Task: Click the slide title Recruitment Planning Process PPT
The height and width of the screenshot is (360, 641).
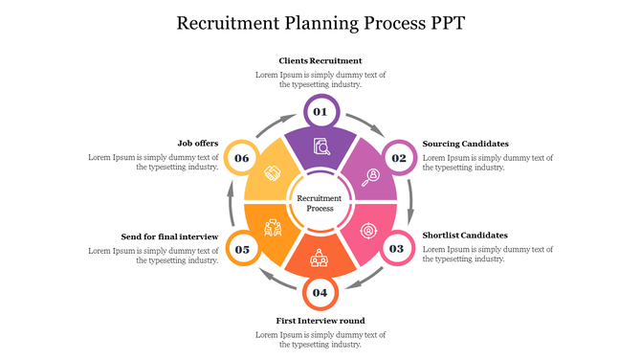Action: [x=320, y=23]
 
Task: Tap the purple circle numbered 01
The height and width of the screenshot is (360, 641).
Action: [x=320, y=112]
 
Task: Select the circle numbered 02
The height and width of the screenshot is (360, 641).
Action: [x=398, y=158]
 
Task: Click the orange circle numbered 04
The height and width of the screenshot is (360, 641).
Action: [x=320, y=292]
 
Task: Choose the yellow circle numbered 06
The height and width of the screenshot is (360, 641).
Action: [x=242, y=158]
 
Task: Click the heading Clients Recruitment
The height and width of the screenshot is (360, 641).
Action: [x=320, y=60]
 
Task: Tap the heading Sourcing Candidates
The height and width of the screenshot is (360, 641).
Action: [x=465, y=144]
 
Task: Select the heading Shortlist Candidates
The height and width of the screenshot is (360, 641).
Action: [x=465, y=235]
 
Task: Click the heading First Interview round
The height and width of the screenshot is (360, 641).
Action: [x=320, y=321]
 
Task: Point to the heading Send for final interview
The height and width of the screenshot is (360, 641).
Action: [x=170, y=236]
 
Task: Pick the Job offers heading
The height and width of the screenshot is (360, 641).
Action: [x=198, y=144]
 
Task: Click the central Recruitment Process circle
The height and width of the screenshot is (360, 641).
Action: [x=320, y=203]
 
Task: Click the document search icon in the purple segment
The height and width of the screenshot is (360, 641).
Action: [x=321, y=147]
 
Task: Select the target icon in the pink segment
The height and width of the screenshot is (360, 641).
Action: [x=368, y=230]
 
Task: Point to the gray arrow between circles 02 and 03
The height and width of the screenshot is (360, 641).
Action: [x=411, y=203]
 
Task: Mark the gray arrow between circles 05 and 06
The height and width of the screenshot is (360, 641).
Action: [x=229, y=202]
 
